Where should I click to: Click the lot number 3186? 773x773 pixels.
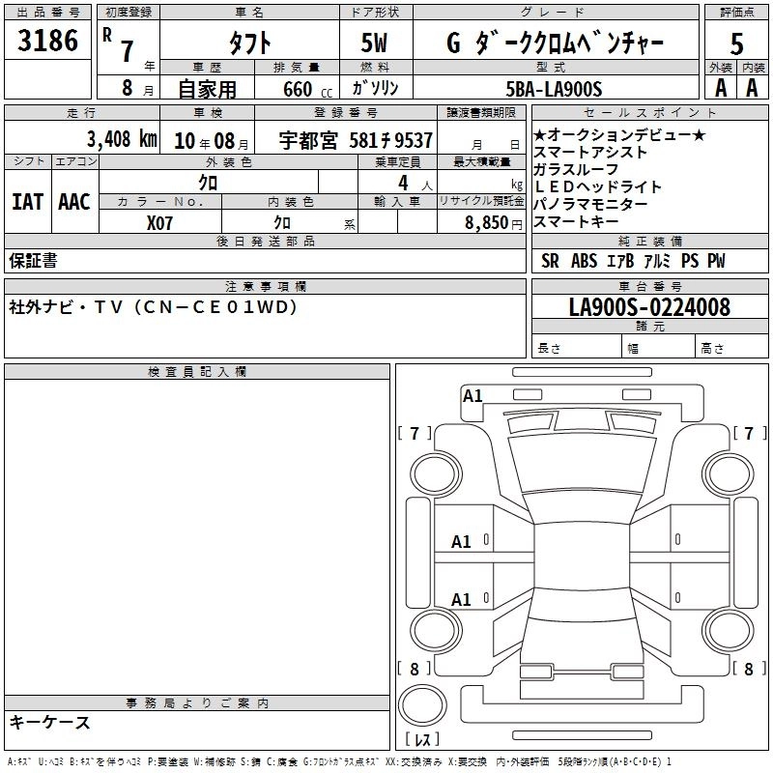48,42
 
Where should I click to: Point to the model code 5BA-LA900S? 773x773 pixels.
555,89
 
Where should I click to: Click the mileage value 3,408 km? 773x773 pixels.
121,139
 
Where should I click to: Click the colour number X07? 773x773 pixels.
159,221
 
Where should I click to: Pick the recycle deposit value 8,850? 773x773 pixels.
485,222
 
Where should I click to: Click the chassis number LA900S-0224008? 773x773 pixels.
649,307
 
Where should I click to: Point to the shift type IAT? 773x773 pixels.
27,202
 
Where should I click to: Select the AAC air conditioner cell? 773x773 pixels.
74,202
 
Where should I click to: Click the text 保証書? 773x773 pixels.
34,260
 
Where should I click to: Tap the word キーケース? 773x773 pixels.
49,723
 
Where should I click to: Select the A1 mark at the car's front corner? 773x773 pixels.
472,395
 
